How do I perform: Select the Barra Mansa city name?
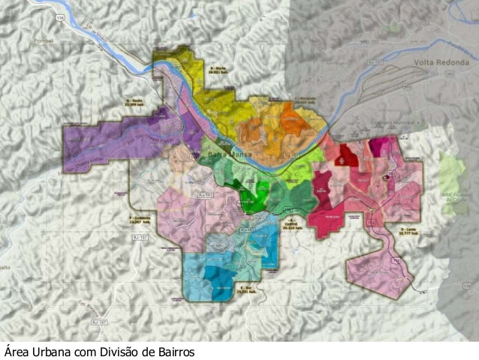pyautogui.click(x=223, y=155)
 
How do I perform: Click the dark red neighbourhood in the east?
pyautogui.click(x=347, y=156)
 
